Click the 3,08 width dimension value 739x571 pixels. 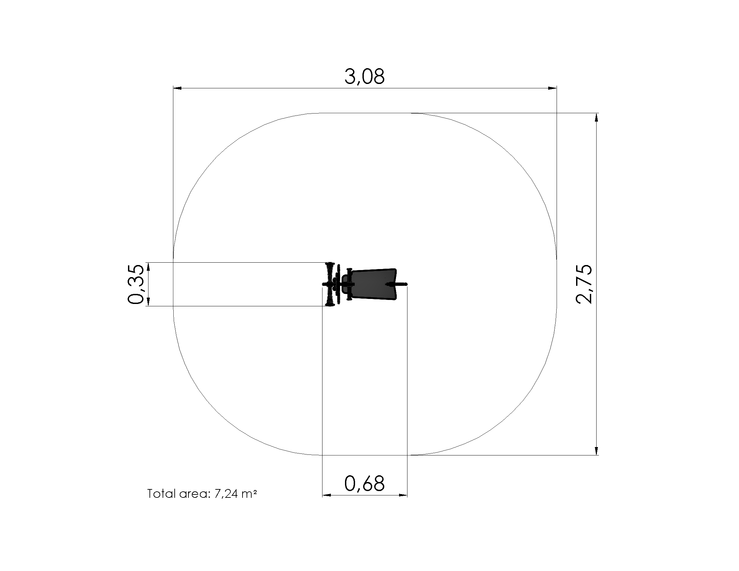coord(364,77)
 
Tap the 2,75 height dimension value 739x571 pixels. coord(584,284)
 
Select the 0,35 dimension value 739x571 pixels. coord(136,284)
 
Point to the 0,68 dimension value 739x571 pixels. coord(364,484)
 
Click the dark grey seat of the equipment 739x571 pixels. coord(373,284)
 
